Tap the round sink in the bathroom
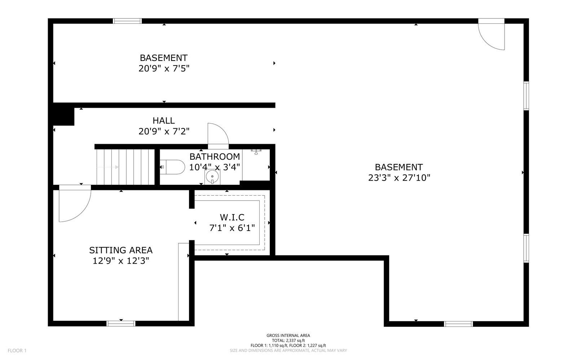pyautogui.click(x=212, y=177)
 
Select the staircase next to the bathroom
pyautogui.click(x=125, y=167)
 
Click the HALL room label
pyautogui.click(x=164, y=120)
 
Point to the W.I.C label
pyautogui.click(x=232, y=217)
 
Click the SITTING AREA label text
pyautogui.click(x=121, y=250)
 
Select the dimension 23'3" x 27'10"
pyautogui.click(x=399, y=178)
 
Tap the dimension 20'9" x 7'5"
pyautogui.click(x=164, y=68)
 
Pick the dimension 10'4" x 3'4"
pyautogui.click(x=215, y=167)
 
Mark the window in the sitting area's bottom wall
pyautogui.click(x=121, y=324)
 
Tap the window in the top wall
pyautogui.click(x=127, y=21)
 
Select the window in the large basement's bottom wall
pyautogui.click(x=458, y=324)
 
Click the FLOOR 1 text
pyautogui.click(x=17, y=351)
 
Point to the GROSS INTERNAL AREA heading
pyautogui.click(x=288, y=335)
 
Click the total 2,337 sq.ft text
pyautogui.click(x=288, y=341)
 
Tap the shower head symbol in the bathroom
pyautogui.click(x=256, y=152)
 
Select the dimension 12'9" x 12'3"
pyautogui.click(x=121, y=261)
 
